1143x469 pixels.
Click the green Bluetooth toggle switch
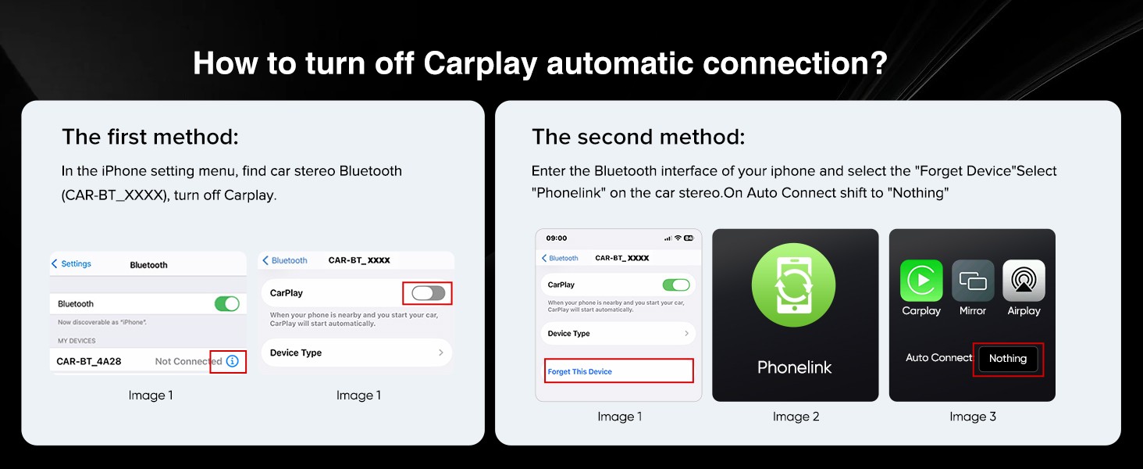tap(227, 304)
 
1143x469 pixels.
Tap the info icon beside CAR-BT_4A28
tap(232, 361)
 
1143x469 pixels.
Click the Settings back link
tap(72, 263)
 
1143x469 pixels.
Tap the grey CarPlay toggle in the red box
tap(429, 293)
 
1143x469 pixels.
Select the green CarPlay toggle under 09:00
tap(676, 285)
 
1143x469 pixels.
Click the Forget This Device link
tap(579, 371)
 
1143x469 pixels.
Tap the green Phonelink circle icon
tap(794, 285)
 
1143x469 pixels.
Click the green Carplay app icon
tap(921, 281)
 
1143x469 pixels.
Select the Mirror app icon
tap(973, 281)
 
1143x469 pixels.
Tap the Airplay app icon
tap(1024, 281)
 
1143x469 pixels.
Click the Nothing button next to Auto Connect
tap(1008, 359)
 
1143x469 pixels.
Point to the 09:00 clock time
tap(557, 238)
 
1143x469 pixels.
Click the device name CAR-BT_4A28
tap(89, 361)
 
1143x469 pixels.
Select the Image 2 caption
tap(796, 417)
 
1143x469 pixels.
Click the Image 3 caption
tap(973, 417)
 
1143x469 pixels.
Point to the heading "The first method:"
tap(151, 137)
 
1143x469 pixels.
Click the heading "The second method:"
tap(639, 137)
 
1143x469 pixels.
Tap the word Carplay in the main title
tap(480, 64)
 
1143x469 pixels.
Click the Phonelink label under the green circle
tap(795, 367)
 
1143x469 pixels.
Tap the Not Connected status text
tap(188, 361)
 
